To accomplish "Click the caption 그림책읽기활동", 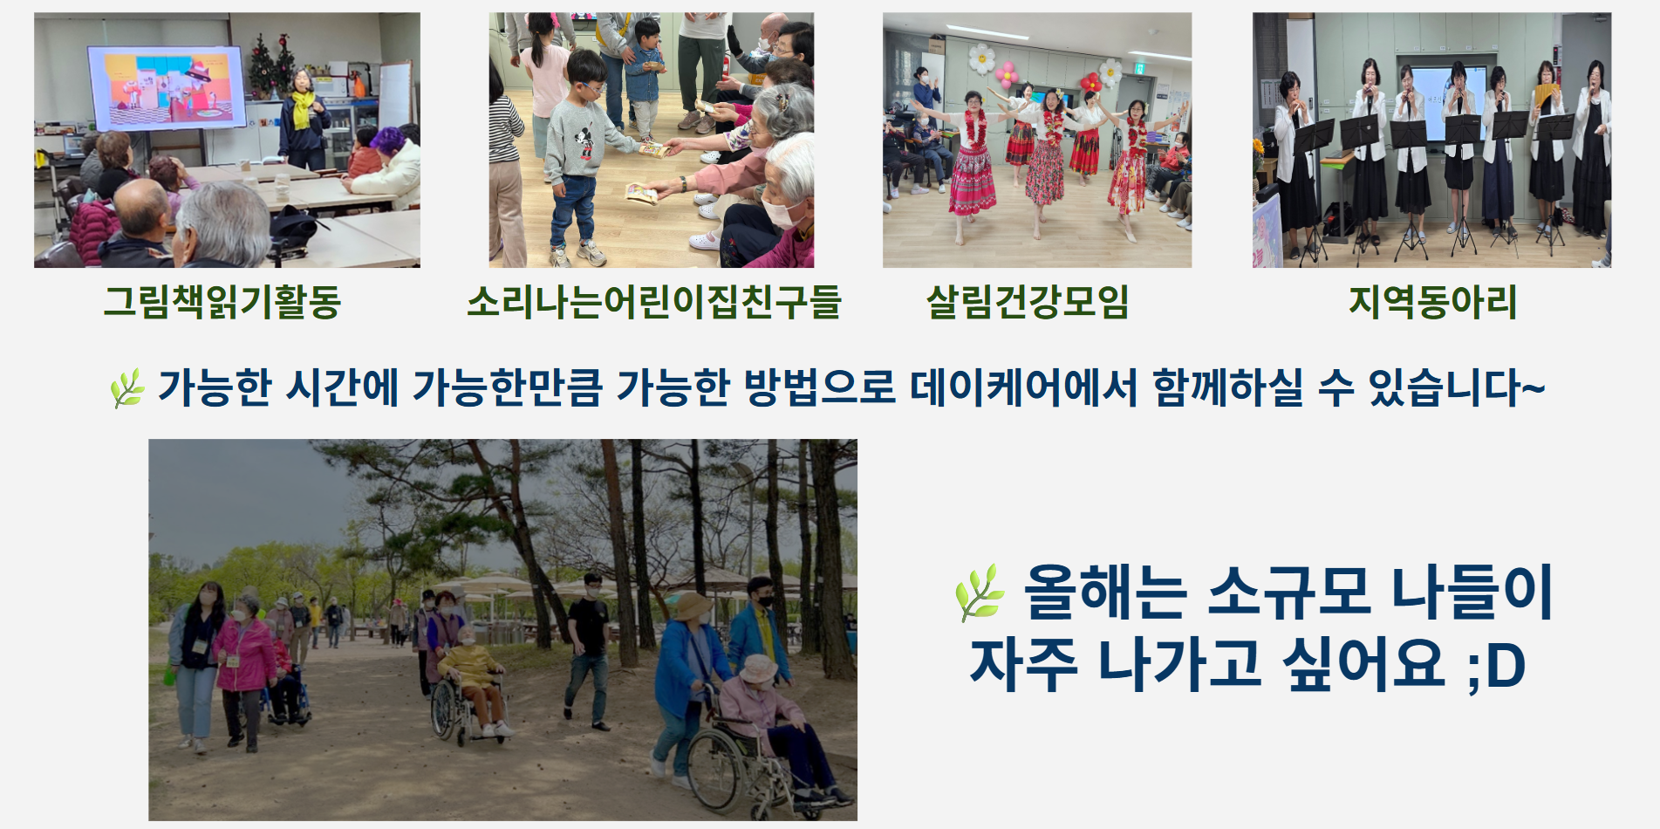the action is pyautogui.click(x=222, y=302).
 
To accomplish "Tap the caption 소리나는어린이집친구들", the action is pyautogui.click(x=653, y=302).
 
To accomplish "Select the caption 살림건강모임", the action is pyautogui.click(x=1028, y=302).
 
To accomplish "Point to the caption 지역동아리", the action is pyautogui.click(x=1432, y=302).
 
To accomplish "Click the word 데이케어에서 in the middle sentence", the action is pyautogui.click(x=1023, y=387).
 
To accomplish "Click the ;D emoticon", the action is pyautogui.click(x=1495, y=667).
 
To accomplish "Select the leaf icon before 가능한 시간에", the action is pyautogui.click(x=127, y=388).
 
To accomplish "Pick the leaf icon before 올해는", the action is pyautogui.click(x=980, y=593).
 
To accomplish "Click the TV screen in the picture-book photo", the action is pyautogui.click(x=166, y=88).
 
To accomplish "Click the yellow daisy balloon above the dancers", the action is pyautogui.click(x=982, y=59).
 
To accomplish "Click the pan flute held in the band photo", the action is pyautogui.click(x=1546, y=92).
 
